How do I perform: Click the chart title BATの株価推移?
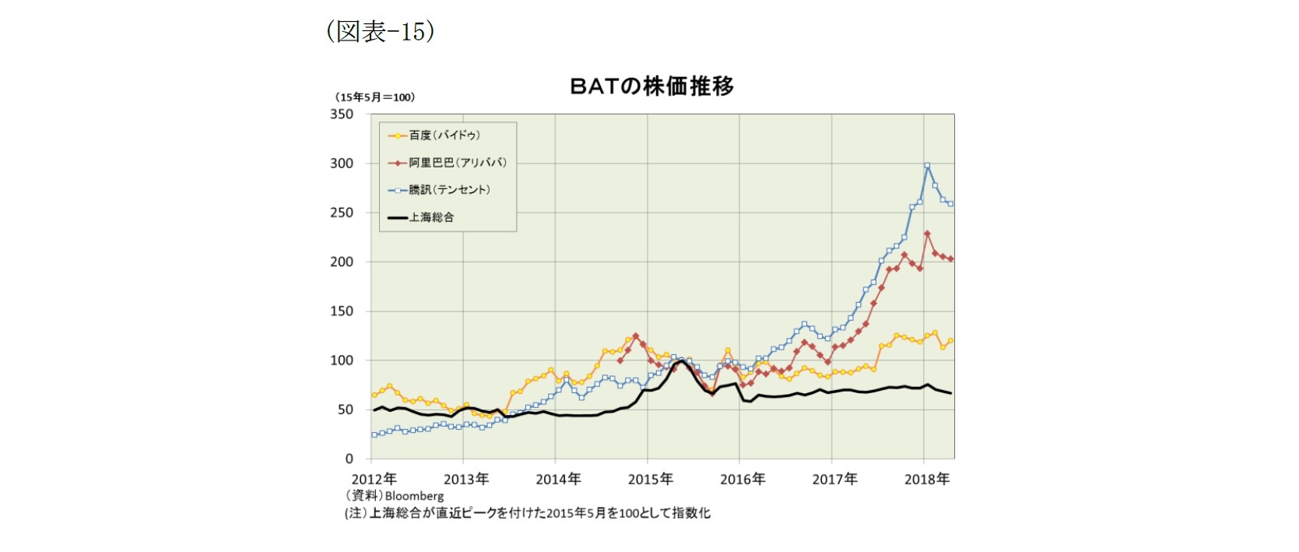click(x=651, y=86)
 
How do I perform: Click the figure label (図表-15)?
click(x=380, y=31)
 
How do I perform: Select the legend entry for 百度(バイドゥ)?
click(x=444, y=135)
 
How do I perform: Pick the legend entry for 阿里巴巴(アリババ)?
click(x=458, y=163)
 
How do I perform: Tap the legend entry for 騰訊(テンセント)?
click(x=449, y=190)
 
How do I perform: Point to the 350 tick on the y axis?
click(x=342, y=114)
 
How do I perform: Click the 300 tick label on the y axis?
click(x=342, y=163)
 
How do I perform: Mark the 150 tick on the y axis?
click(x=342, y=311)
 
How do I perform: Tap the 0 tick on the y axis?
click(x=349, y=459)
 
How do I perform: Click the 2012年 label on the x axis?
click(x=374, y=480)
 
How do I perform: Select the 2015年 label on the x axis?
click(x=650, y=480)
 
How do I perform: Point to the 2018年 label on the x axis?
click(x=926, y=480)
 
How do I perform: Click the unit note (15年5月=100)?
click(x=375, y=97)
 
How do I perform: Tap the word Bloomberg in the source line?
click(x=414, y=496)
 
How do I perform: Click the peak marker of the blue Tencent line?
click(x=927, y=165)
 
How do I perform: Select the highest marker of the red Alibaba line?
click(x=927, y=233)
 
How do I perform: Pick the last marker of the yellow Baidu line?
click(x=950, y=341)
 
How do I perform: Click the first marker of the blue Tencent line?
click(x=374, y=435)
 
